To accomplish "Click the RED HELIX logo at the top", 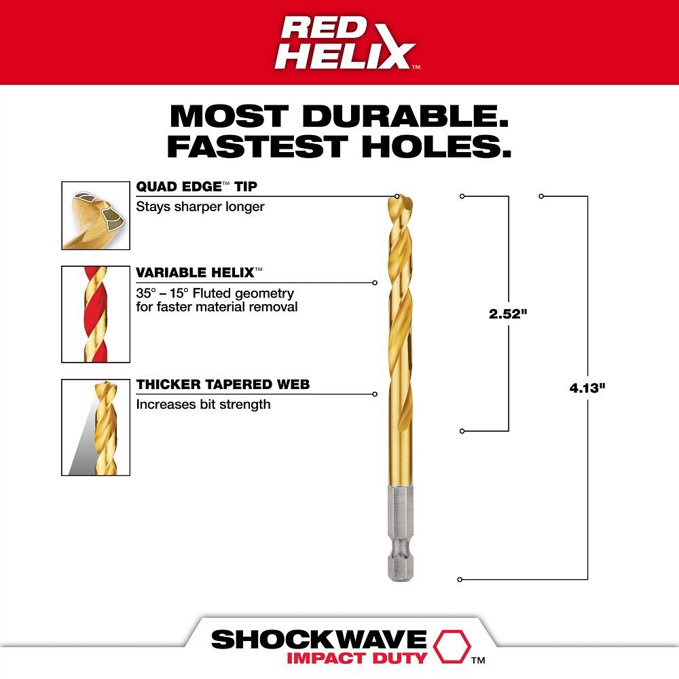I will tap(346, 42).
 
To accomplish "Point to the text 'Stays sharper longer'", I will tap(200, 206).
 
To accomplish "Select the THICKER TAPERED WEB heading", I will tap(223, 384).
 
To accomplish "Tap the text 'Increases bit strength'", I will tap(203, 404).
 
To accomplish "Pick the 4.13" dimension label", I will tap(587, 389).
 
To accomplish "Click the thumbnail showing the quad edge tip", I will tap(96, 215).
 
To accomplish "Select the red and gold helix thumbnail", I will tap(96, 314).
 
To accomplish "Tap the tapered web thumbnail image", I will tap(96, 427).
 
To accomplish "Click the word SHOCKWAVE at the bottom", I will tap(318, 639).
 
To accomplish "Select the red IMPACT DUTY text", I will tap(356, 657).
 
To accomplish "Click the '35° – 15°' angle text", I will tap(168, 293).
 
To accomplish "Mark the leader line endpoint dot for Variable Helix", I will tap(375, 282).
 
